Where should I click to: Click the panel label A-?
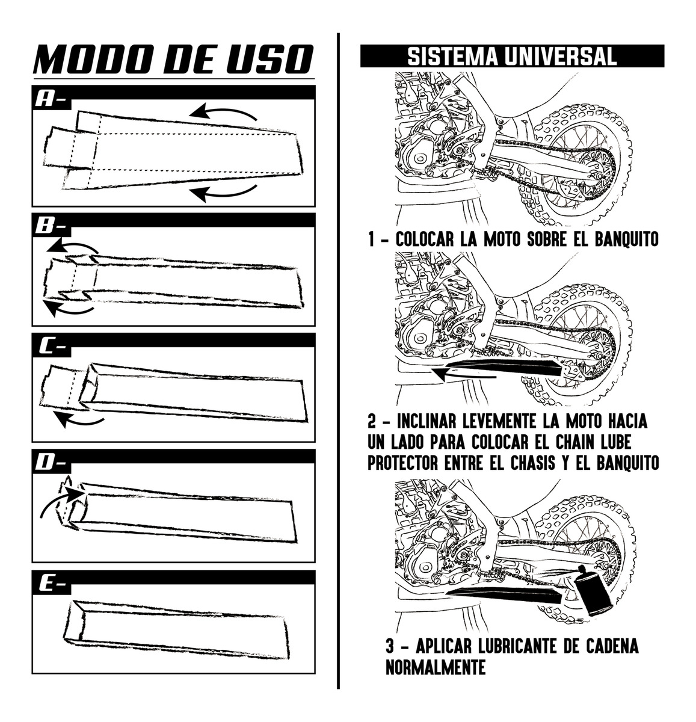pos(50,99)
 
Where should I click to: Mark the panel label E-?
pos(50,583)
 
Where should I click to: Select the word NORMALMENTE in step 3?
pos(436,667)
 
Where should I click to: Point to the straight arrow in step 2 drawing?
pos(463,374)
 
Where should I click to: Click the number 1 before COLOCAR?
pos(373,239)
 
